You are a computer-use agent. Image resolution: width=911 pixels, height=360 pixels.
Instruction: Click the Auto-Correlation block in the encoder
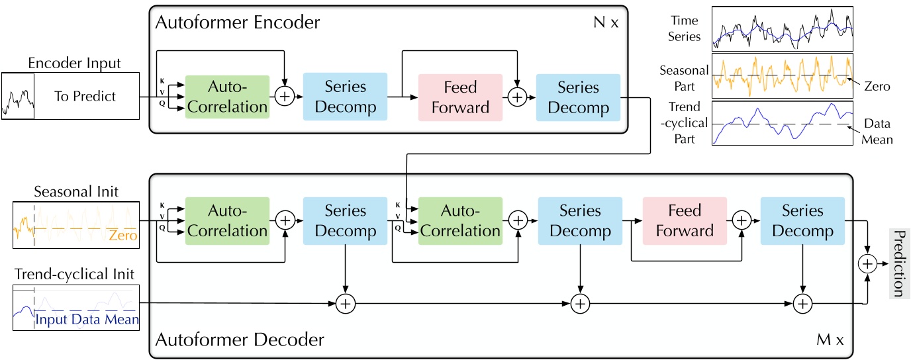pos(227,97)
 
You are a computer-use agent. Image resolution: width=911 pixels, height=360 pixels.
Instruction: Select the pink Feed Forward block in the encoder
pos(460,97)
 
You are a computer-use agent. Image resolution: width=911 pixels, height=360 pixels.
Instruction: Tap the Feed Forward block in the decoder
pos(685,221)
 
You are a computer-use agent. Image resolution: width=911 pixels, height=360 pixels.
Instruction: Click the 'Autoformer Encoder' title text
pos(237,22)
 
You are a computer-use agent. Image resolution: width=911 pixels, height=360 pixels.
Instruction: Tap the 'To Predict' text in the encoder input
pos(85,97)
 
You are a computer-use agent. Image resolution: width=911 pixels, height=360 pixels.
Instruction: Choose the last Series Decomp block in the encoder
pos(578,97)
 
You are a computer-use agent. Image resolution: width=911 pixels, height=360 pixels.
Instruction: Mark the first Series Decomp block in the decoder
pos(345,221)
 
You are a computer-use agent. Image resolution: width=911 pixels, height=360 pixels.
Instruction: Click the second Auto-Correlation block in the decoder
pos(461,221)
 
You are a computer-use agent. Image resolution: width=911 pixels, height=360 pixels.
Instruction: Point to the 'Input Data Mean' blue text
pos(87,320)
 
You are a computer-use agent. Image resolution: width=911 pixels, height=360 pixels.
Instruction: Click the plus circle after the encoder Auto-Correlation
pos(284,97)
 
